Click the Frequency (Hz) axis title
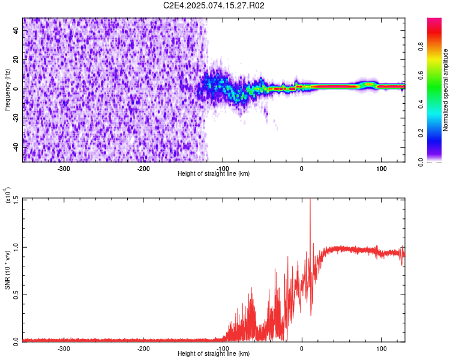click(x=7, y=90)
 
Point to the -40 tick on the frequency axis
click(x=15, y=147)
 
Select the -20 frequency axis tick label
click(x=15, y=118)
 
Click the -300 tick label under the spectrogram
click(x=64, y=168)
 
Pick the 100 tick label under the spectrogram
click(x=381, y=168)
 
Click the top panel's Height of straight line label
click(x=214, y=174)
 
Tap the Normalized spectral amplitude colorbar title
click(x=445, y=90)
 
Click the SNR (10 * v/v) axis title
click(x=8, y=269)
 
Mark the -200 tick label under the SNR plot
click(x=143, y=348)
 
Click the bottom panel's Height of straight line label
click(x=214, y=354)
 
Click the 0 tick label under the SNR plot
click(x=302, y=348)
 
